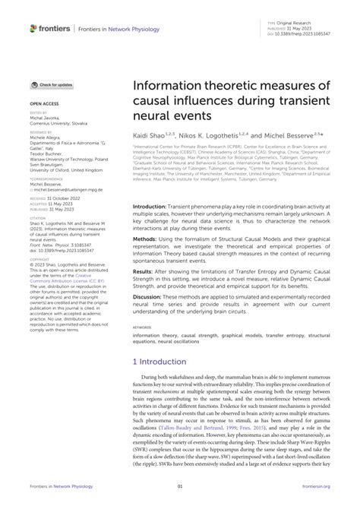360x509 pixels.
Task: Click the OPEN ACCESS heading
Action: [45, 103]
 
